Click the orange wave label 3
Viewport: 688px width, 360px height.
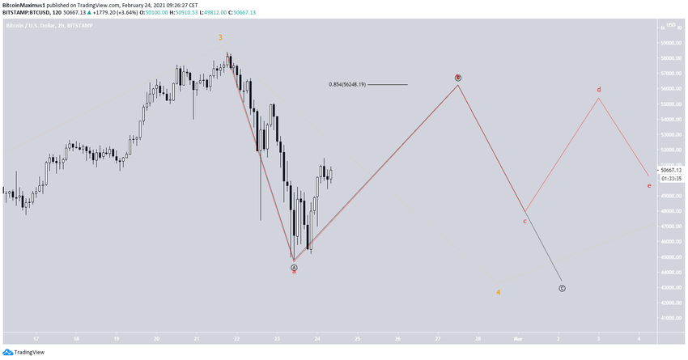point(220,37)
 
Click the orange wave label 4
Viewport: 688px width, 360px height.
point(499,292)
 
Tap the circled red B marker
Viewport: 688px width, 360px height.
point(458,78)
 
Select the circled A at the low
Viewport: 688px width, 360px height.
point(295,267)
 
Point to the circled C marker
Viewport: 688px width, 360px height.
point(562,288)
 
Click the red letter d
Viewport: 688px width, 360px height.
point(599,89)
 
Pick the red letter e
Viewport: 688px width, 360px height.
point(649,186)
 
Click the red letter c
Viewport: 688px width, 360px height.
point(524,220)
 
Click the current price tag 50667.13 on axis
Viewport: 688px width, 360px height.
point(671,170)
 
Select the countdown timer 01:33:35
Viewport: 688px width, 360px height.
point(670,179)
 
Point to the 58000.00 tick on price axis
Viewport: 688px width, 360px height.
point(670,58)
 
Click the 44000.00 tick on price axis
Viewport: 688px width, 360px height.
point(670,273)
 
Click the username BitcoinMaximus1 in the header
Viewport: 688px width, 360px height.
point(28,4)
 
